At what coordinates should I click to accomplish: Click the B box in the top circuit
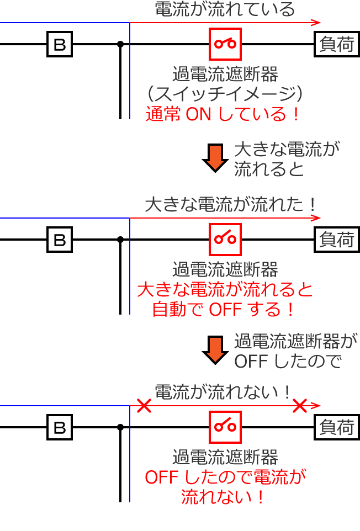coord(60,44)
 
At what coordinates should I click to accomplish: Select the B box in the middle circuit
coord(60,240)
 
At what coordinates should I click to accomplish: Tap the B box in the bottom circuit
coord(60,427)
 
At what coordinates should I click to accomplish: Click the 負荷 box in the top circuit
coord(336,44)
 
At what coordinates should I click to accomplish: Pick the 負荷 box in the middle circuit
coord(336,240)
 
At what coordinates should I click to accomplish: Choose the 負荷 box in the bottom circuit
coord(336,427)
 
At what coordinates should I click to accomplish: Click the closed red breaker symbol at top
coord(225,44)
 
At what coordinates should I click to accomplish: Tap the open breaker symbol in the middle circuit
coord(225,239)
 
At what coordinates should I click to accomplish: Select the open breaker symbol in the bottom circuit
coord(225,427)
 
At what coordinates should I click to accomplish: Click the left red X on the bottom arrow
coord(144,406)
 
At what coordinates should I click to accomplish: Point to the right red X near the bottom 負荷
coord(300,406)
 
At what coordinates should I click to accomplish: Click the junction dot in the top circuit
coord(120,44)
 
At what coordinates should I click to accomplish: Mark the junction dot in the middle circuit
coord(120,240)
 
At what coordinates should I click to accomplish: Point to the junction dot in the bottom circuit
coord(120,427)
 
